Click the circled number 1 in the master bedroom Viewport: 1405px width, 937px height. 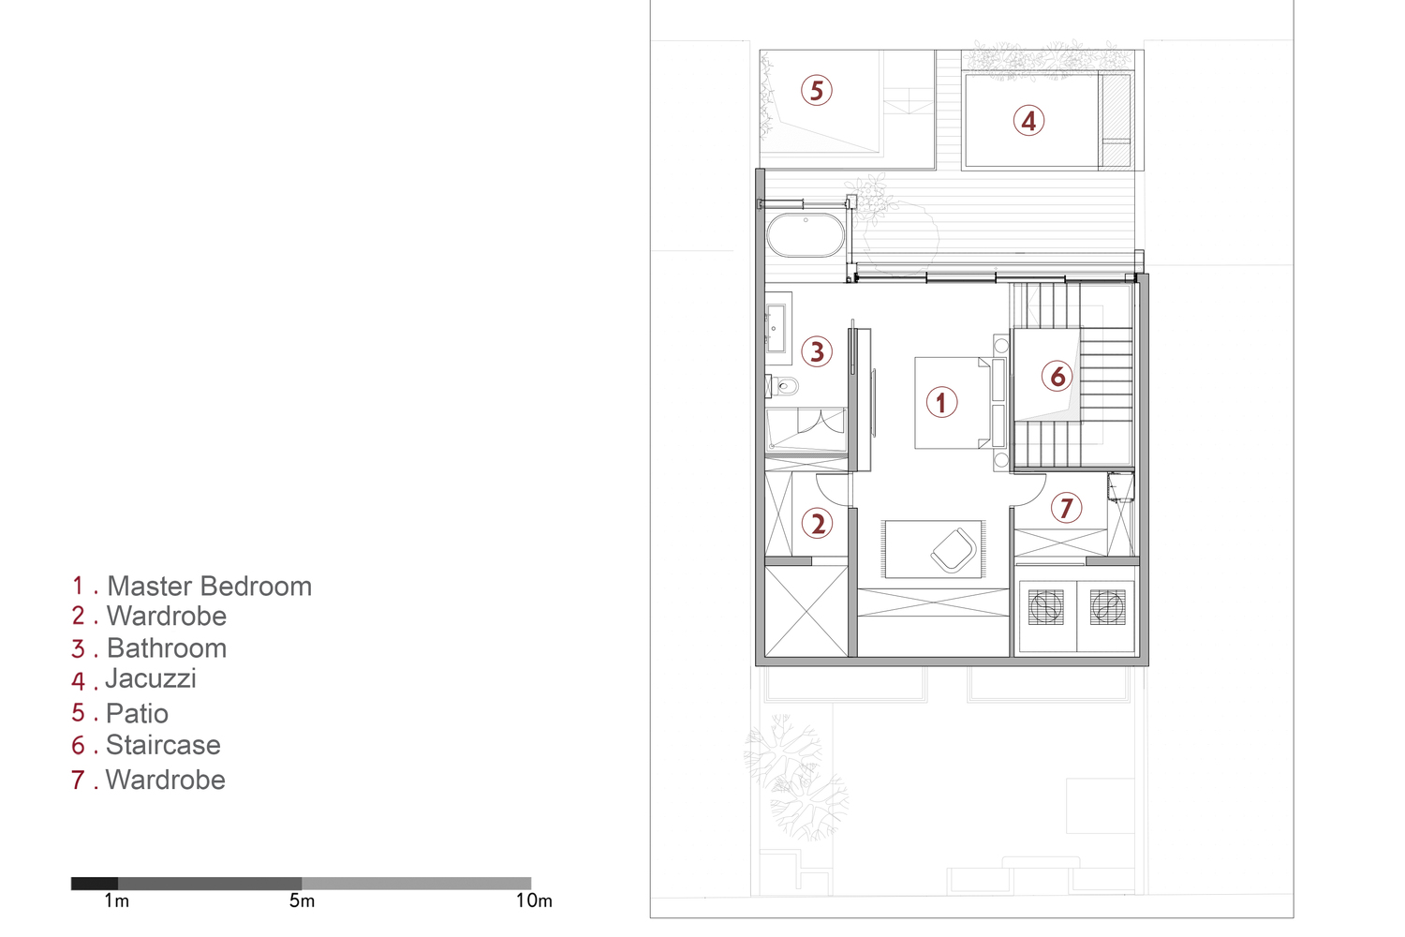tap(941, 403)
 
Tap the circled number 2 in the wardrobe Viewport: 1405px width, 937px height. tap(818, 523)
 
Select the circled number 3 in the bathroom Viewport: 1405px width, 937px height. tap(817, 351)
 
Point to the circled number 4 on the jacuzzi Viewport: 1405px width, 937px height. tap(1028, 121)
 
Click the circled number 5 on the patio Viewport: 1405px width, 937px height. tap(817, 91)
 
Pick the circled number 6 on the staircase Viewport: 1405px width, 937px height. tap(1057, 377)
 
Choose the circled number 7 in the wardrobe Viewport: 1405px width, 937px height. tap(1066, 508)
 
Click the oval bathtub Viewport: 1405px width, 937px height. tap(806, 236)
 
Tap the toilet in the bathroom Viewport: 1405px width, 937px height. tap(784, 385)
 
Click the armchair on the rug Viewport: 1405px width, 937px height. tap(954, 550)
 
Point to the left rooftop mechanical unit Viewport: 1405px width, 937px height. tap(1046, 607)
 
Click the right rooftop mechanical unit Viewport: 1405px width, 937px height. tap(1107, 607)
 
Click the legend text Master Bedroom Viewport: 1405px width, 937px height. tap(209, 587)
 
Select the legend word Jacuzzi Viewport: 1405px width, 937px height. tap(151, 678)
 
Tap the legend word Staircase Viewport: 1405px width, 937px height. tap(163, 745)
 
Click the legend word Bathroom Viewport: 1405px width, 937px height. tap(166, 648)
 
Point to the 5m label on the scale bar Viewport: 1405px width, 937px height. tap(302, 901)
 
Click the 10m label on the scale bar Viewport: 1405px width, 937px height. tap(534, 901)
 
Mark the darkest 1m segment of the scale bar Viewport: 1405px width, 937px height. tap(95, 884)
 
